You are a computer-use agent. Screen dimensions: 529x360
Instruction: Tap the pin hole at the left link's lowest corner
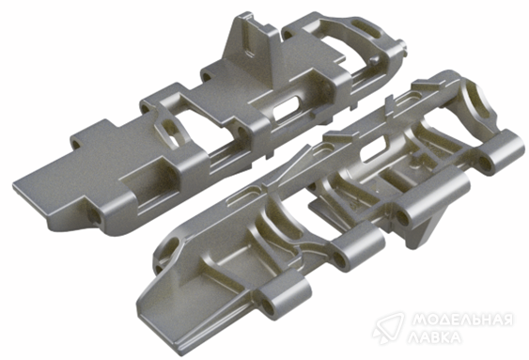95,216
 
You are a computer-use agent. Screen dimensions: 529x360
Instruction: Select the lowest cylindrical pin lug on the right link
284,296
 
